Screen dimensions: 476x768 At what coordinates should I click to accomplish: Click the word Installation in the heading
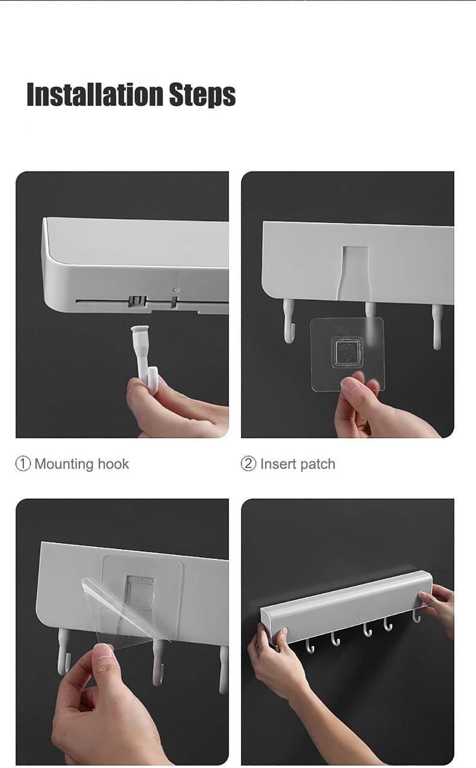point(95,94)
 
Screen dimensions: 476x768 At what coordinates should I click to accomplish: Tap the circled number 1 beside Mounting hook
point(23,464)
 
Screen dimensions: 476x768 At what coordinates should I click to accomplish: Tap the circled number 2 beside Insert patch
point(248,464)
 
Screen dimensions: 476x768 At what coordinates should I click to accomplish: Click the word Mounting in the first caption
point(64,465)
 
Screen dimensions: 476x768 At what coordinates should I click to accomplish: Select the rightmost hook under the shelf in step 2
point(436,326)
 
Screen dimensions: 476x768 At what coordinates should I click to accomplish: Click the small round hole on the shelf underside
point(176,290)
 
